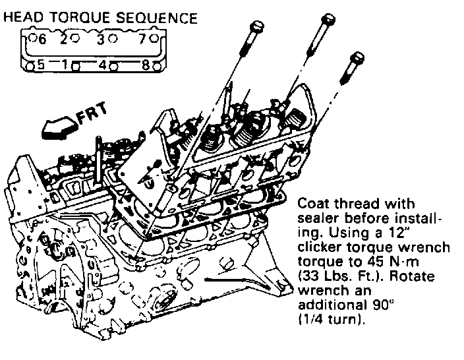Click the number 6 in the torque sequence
pyautogui.click(x=42, y=40)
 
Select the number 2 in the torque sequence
pyautogui.click(x=65, y=40)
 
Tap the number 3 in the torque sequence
pyautogui.click(x=101, y=40)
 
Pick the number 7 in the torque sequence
pyautogui.click(x=142, y=40)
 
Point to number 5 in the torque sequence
pyautogui.click(x=40, y=65)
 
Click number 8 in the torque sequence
pyautogui.click(x=146, y=65)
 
